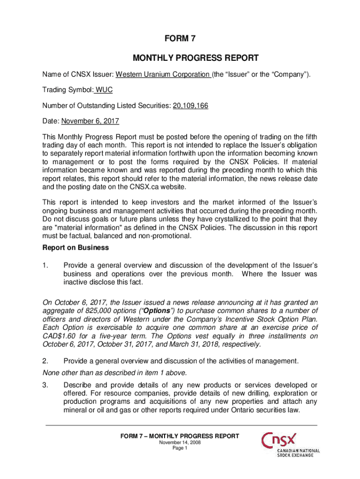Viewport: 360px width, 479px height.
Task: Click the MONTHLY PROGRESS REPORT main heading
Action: [x=180, y=58]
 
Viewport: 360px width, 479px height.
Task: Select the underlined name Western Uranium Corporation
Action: [x=162, y=75]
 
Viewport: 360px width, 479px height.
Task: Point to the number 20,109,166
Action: [x=190, y=106]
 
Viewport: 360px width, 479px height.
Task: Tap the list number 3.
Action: [x=46, y=385]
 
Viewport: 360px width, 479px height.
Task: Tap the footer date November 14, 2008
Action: [x=180, y=443]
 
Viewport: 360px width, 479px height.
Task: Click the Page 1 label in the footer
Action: [x=180, y=448]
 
